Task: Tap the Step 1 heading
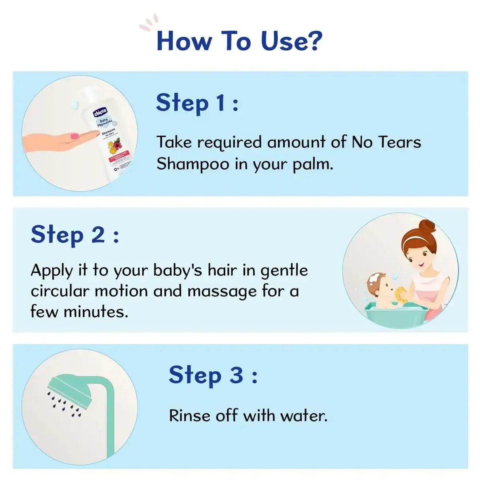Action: tap(197, 103)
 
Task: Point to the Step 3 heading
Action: tap(213, 375)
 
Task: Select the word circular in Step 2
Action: tap(60, 291)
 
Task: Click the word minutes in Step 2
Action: tap(96, 312)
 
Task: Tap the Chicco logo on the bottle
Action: tap(100, 112)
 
